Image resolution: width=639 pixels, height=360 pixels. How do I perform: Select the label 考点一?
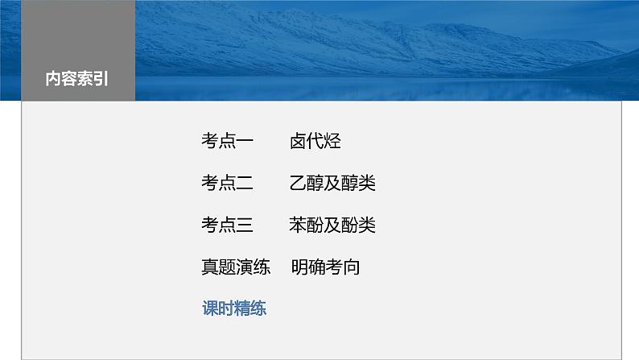tap(228, 142)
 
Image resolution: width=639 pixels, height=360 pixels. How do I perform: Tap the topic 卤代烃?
tap(315, 142)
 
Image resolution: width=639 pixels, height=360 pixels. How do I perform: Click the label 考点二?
tap(228, 184)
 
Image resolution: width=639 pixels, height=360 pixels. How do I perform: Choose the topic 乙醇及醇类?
tap(332, 184)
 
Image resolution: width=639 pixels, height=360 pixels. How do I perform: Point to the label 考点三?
tap(228, 225)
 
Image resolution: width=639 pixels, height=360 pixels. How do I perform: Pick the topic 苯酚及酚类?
tap(332, 225)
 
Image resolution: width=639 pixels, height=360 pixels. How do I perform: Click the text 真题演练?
tap(236, 267)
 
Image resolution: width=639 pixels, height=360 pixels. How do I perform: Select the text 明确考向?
tap(325, 267)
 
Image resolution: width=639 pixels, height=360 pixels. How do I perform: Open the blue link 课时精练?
tap(234, 308)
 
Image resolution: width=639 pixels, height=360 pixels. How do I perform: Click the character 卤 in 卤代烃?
tap(298, 142)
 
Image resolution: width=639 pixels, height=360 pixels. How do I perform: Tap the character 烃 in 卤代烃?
tap(333, 142)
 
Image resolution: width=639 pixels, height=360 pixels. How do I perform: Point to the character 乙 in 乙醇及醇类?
tap(298, 184)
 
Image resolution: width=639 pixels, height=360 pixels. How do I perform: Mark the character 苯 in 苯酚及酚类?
tap(298, 225)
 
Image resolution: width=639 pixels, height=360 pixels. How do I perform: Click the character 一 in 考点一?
tap(245, 142)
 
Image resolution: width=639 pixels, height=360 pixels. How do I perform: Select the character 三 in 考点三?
tap(245, 225)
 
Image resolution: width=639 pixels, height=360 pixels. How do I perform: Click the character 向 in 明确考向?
tap(352, 267)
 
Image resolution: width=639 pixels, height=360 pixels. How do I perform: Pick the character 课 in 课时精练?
tap(209, 308)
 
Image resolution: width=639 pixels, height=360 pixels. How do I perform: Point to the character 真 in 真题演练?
tap(210, 267)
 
